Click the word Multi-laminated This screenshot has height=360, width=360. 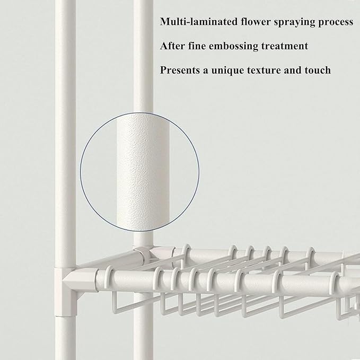(199, 22)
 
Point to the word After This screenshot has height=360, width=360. (172, 46)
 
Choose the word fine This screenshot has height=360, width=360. (197, 46)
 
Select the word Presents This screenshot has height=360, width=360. (180, 70)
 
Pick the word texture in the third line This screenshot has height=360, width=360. (264, 71)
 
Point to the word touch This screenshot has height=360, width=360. (318, 70)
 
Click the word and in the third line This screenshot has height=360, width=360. (293, 70)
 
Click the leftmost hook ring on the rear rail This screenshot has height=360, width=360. (187, 252)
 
